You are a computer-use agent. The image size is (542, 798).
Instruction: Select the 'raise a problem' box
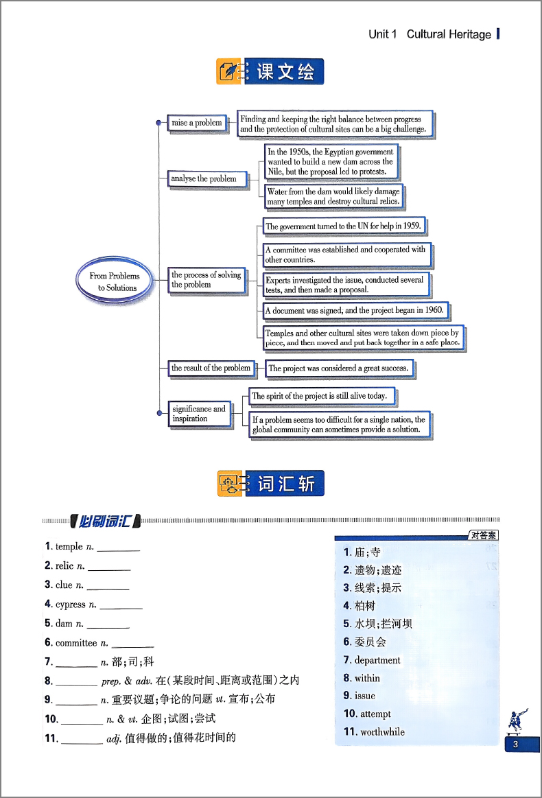pyautogui.click(x=197, y=123)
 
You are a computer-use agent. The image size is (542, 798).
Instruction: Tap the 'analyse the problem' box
pyautogui.click(x=207, y=179)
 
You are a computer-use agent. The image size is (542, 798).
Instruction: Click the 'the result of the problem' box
pyautogui.click(x=211, y=368)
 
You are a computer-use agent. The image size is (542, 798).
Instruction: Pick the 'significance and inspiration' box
pyautogui.click(x=200, y=414)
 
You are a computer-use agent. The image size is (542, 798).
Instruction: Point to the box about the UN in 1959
pyautogui.click(x=344, y=226)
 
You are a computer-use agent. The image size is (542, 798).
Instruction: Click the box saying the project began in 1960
pyautogui.click(x=356, y=310)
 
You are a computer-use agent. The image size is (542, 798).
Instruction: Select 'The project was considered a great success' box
pyautogui.click(x=339, y=368)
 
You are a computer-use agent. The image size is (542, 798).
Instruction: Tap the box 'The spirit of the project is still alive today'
pyautogui.click(x=322, y=396)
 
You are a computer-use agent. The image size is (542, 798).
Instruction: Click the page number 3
pyautogui.click(x=515, y=744)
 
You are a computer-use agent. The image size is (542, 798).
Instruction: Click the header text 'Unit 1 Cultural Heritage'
pyautogui.click(x=429, y=34)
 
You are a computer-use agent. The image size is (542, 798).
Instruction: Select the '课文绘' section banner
pyautogui.click(x=270, y=71)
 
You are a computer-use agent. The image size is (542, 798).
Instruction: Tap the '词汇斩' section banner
pyautogui.click(x=271, y=483)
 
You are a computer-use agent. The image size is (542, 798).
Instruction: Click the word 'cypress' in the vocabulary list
pyautogui.click(x=70, y=605)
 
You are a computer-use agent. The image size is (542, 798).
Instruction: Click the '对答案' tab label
pyautogui.click(x=484, y=535)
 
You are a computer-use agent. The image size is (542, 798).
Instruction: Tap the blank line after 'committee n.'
pyautogui.click(x=132, y=646)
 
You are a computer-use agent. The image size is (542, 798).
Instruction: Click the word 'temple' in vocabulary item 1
pyautogui.click(x=69, y=547)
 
